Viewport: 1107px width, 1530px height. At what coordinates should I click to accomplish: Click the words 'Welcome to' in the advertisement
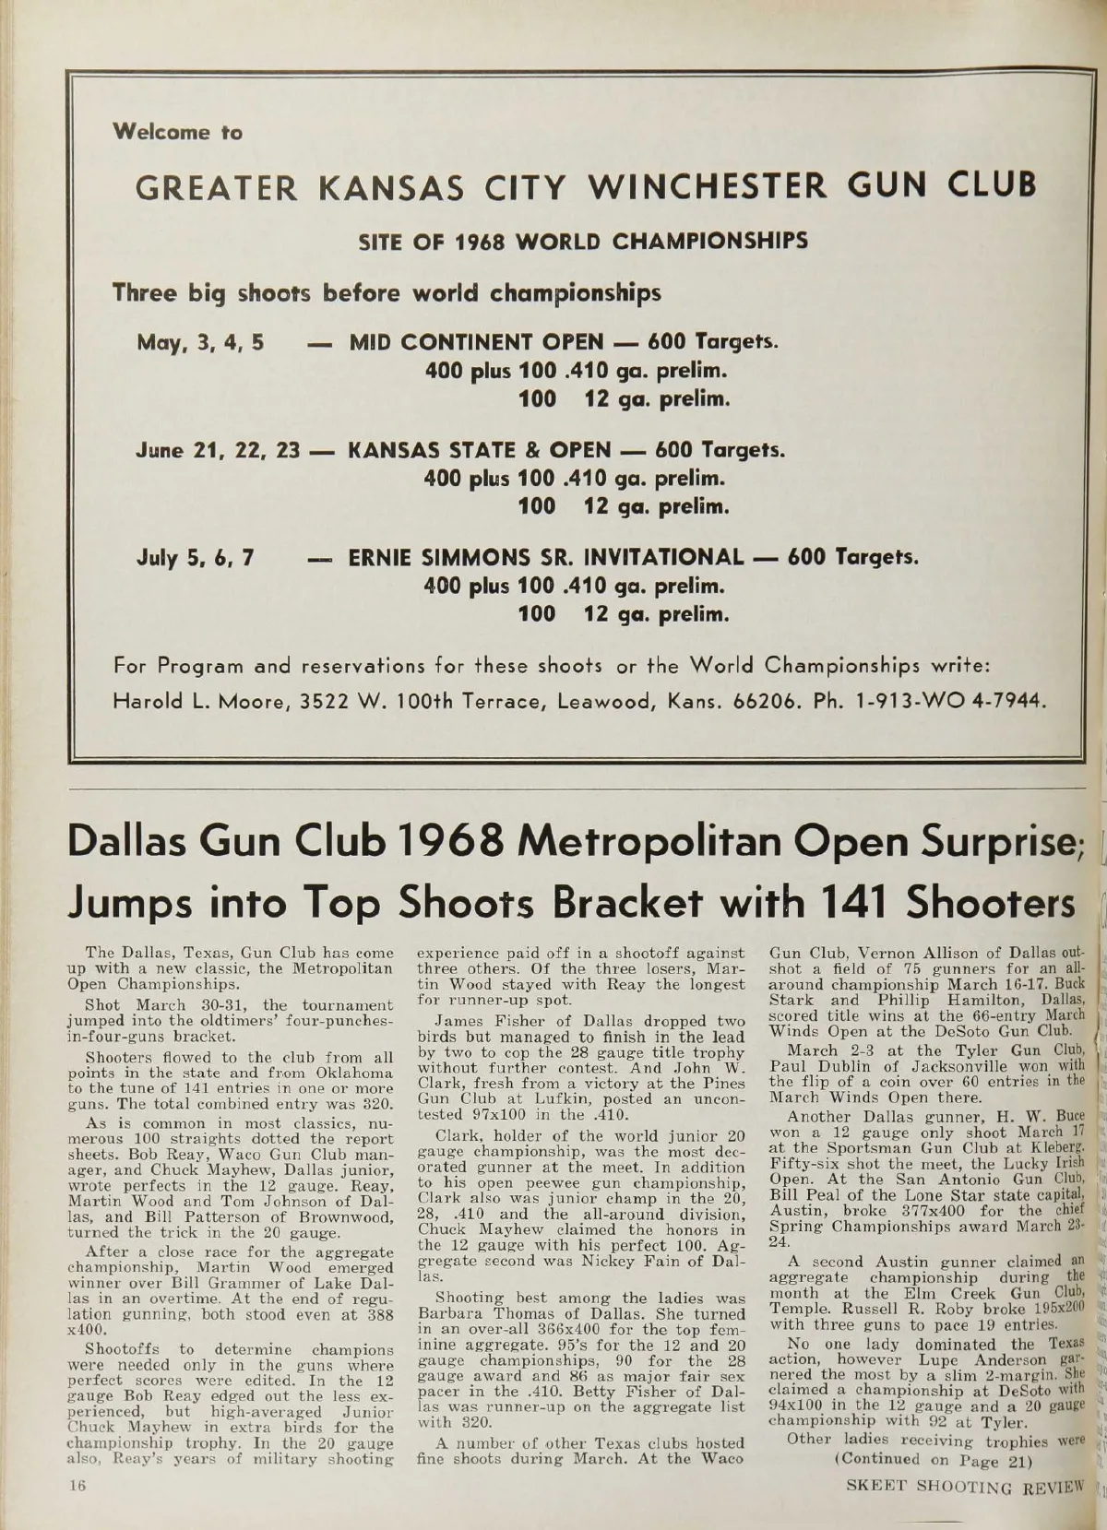point(177,132)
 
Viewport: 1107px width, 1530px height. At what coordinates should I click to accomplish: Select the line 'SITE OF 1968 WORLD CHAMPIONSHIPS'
point(583,242)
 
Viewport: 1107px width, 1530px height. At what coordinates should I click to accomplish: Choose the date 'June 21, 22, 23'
point(218,451)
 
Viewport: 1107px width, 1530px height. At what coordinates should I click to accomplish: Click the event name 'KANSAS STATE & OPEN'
point(479,451)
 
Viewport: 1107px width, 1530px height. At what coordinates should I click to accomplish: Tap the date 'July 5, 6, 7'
point(196,558)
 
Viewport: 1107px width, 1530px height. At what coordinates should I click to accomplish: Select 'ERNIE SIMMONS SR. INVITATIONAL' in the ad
point(545,558)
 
